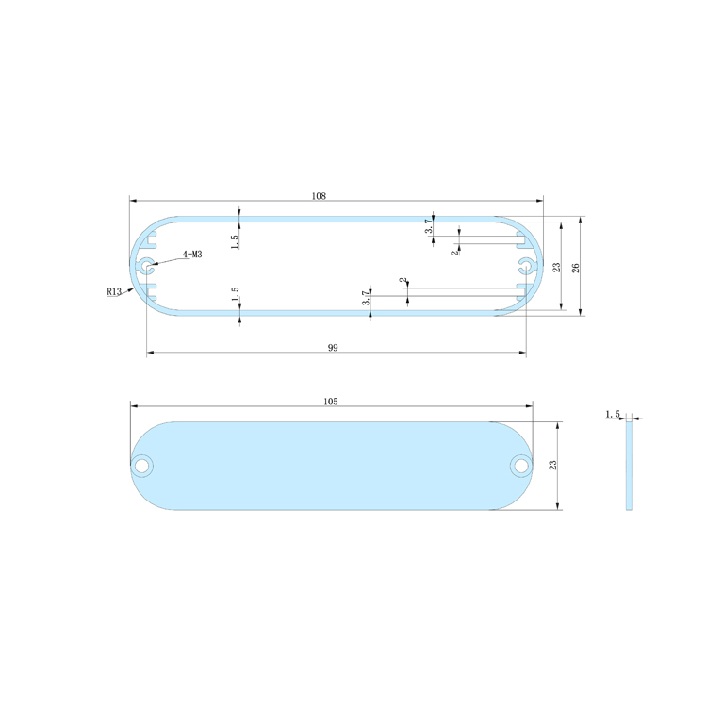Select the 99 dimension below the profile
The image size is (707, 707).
click(333, 348)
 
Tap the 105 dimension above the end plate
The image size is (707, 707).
click(330, 401)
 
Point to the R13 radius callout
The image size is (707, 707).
click(114, 292)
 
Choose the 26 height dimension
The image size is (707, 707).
click(575, 267)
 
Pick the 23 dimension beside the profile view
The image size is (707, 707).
click(556, 267)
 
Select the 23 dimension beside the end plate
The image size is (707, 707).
click(553, 466)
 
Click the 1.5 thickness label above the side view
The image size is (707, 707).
click(612, 414)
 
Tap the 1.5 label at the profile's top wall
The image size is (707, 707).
click(234, 239)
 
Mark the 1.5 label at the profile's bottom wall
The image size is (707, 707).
click(234, 295)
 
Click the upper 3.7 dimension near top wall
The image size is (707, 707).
click(428, 226)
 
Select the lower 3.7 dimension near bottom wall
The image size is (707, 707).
click(366, 298)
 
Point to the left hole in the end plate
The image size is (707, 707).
click(143, 466)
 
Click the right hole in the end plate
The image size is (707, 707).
click(520, 465)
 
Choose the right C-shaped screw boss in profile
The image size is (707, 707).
click(526, 265)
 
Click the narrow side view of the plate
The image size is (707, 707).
click(629, 466)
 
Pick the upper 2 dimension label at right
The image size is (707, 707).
click(453, 252)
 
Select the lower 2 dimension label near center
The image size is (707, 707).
click(403, 281)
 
